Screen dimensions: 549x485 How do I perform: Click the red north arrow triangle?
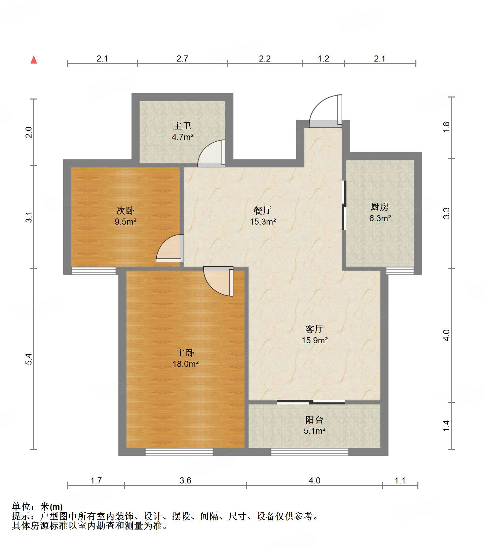34,60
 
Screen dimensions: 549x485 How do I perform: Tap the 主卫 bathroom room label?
182,126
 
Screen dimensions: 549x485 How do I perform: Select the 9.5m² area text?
125,222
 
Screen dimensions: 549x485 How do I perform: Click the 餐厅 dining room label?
263,210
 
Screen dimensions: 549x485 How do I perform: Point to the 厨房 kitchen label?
379,207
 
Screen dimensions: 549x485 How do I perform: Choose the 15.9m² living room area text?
314,340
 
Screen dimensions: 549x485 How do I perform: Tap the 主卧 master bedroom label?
185,353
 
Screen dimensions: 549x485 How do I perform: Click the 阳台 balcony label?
314,420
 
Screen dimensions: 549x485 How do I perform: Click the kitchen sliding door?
344,205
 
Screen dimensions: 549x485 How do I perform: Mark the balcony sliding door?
311,402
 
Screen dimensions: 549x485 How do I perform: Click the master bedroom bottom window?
179,452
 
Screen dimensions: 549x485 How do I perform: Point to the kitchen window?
400,271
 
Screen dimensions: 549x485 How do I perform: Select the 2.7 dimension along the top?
182,59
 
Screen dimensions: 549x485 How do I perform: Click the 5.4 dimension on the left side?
29,359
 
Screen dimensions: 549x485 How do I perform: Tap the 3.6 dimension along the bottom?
185,480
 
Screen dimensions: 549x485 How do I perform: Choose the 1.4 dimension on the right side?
446,426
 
